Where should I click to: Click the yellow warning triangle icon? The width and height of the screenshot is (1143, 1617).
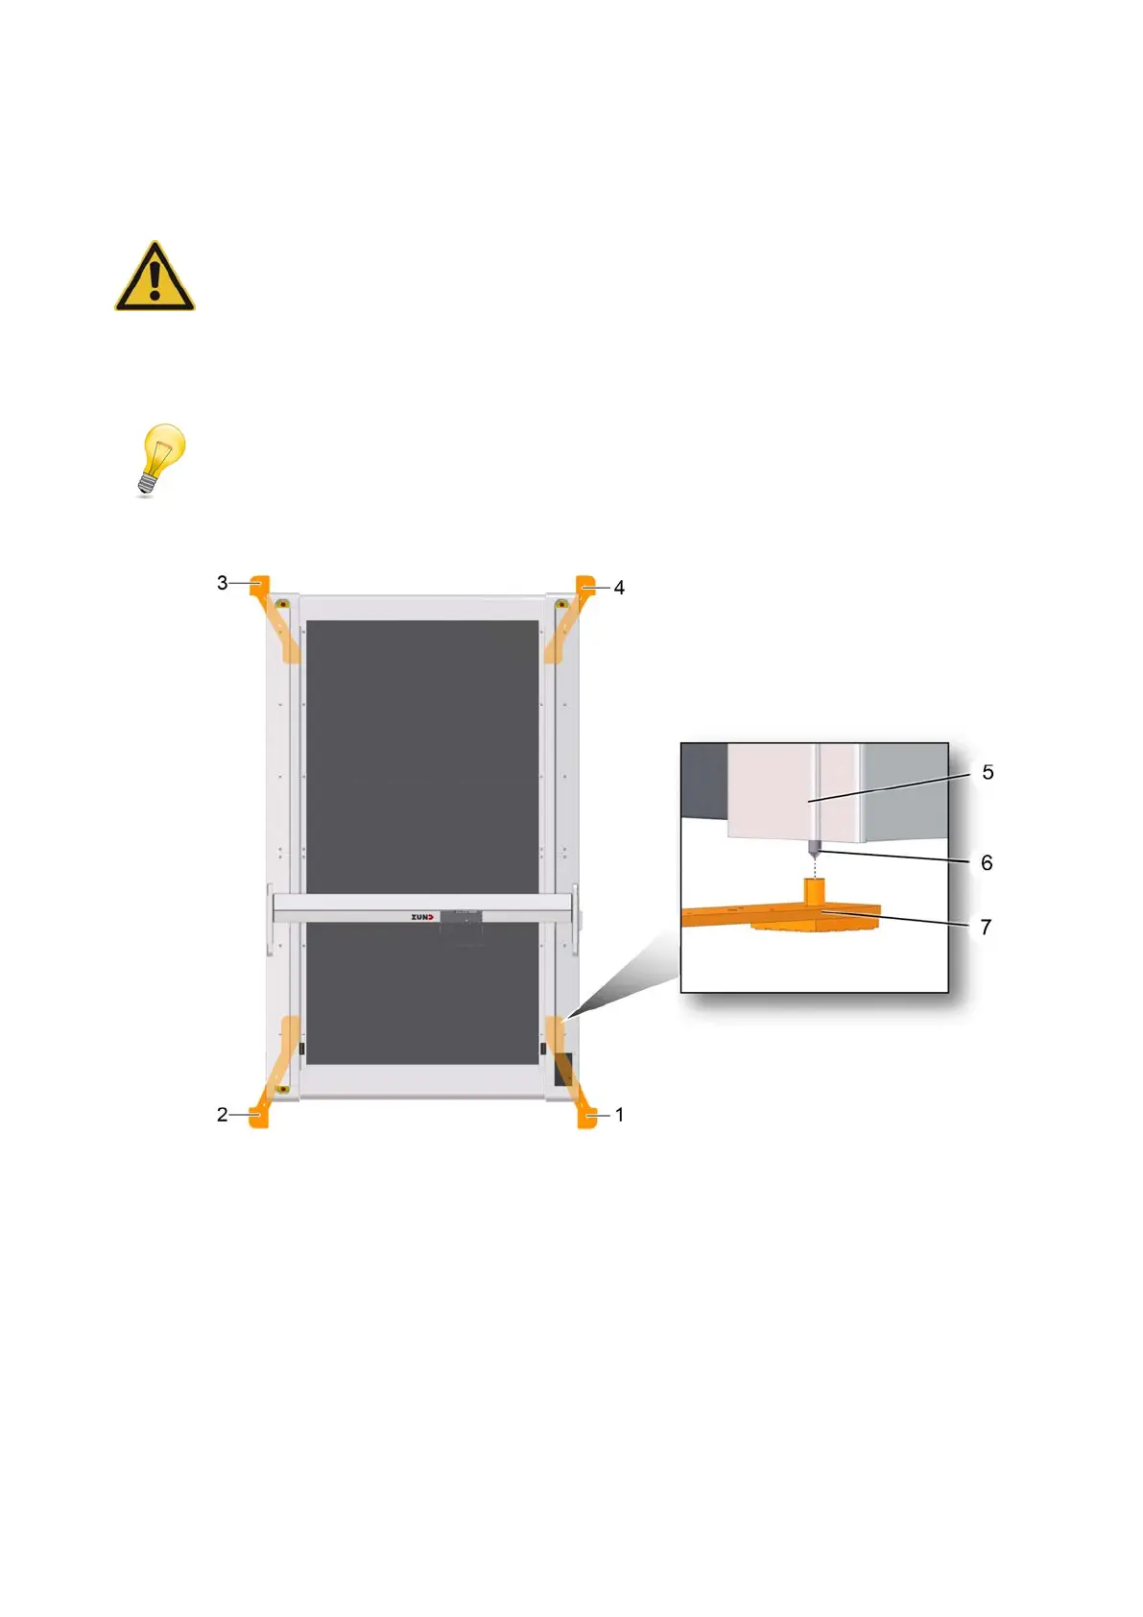pyautogui.click(x=155, y=278)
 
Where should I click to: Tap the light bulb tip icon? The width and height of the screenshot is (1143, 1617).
pyautogui.click(x=158, y=458)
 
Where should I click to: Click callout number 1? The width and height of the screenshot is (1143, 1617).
pyautogui.click(x=620, y=1115)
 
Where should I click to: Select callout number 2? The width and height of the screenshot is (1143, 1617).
pyautogui.click(x=222, y=1115)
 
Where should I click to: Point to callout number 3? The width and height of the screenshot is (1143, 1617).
pyautogui.click(x=222, y=583)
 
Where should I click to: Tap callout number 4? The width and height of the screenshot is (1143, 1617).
pyautogui.click(x=620, y=588)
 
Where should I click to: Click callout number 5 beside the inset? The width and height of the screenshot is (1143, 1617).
pyautogui.click(x=988, y=773)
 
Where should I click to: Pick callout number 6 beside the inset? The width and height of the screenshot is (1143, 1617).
pyautogui.click(x=987, y=863)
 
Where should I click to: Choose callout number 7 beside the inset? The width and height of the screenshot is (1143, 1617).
pyautogui.click(x=986, y=928)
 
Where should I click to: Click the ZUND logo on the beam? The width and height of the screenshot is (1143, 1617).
pyautogui.click(x=422, y=917)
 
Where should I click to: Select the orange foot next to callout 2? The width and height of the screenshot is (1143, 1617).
pyautogui.click(x=259, y=1116)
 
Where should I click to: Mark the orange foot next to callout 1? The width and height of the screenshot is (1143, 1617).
pyautogui.click(x=586, y=1117)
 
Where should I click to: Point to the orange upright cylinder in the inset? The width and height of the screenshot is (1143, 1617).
pyautogui.click(x=814, y=892)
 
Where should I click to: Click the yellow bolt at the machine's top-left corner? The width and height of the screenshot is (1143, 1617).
pyautogui.click(x=283, y=604)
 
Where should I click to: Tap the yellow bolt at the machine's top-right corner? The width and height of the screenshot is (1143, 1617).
pyautogui.click(x=561, y=604)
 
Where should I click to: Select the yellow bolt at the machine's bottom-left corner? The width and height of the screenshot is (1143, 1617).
pyautogui.click(x=283, y=1089)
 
